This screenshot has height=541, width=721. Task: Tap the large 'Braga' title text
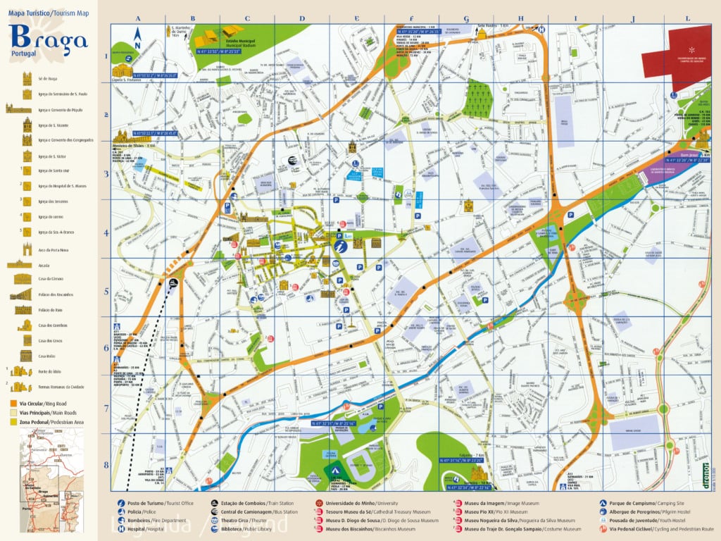49,38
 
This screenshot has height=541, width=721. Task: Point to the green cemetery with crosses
481,99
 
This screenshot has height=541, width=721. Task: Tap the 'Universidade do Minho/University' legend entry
352,504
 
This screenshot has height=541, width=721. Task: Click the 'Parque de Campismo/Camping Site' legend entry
638,504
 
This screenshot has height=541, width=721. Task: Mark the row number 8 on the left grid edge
106,464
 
